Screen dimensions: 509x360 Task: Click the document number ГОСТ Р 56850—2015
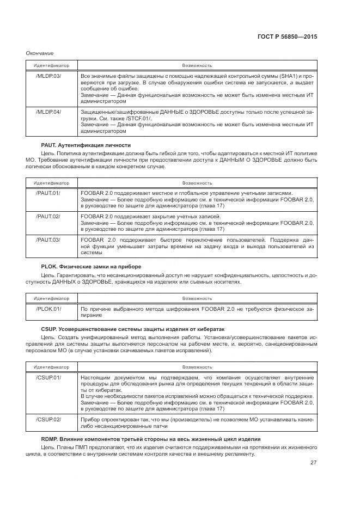point(287,37)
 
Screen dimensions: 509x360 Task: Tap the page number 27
point(313,463)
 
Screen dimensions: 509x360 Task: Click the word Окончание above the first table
point(40,53)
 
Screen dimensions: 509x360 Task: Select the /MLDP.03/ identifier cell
point(48,75)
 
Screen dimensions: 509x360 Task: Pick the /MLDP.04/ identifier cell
point(48,112)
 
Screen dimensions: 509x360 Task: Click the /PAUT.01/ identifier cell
point(48,193)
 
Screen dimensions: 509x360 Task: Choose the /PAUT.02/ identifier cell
point(48,216)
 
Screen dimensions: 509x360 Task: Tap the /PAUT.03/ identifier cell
point(48,240)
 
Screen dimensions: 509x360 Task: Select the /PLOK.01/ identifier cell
point(48,309)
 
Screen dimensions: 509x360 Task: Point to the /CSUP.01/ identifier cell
point(48,377)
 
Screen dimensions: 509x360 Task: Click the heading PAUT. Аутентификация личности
point(86,145)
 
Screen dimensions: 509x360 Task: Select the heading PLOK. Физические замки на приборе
point(91,266)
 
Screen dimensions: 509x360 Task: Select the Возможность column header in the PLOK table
point(197,298)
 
